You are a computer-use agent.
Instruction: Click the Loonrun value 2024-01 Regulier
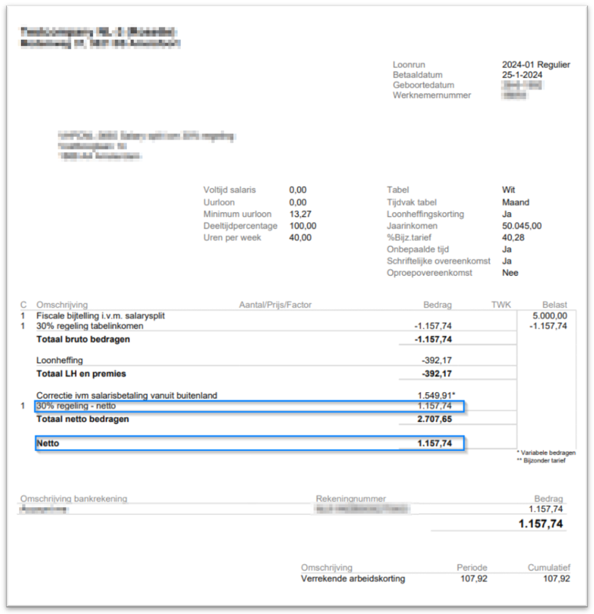pos(536,65)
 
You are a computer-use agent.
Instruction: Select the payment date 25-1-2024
pos(523,75)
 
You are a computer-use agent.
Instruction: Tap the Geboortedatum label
pos(423,85)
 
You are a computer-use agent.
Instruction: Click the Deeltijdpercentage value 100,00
pos(303,226)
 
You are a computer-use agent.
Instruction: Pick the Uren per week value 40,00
pos(300,237)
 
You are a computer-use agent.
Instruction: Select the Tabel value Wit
pos(509,190)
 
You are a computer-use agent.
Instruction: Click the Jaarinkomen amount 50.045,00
pos(521,226)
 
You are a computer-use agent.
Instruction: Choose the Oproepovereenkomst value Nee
pos(510,272)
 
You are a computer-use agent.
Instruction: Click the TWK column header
pos(501,304)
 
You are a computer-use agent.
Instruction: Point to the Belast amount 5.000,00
pos(550,315)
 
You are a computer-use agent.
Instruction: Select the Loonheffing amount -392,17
pos(436,361)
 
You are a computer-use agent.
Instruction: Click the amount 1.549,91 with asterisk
pos(437,395)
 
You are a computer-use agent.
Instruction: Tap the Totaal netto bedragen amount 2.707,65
pos(434,419)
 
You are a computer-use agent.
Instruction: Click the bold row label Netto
pos(48,443)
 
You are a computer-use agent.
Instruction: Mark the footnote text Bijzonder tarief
pos(544,460)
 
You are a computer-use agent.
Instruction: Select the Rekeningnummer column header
pos(351,499)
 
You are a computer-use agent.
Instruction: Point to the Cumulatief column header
pos(548,568)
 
